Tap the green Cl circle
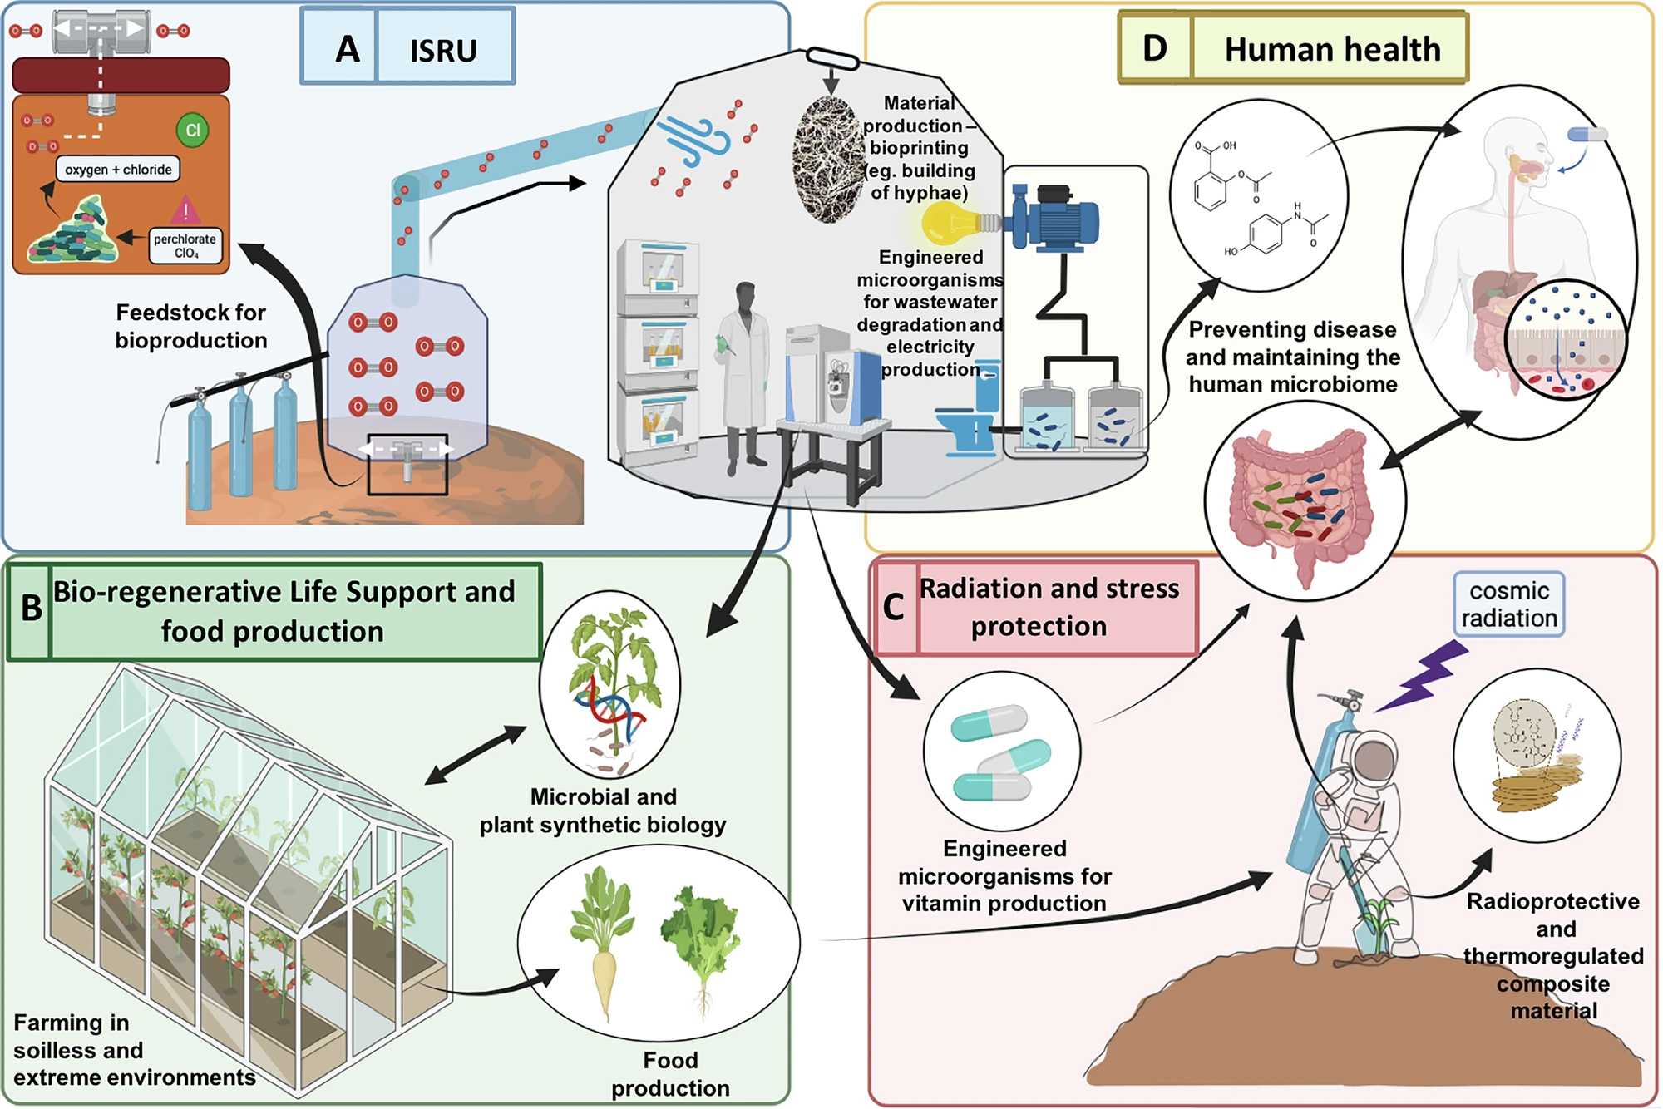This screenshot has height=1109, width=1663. (x=192, y=131)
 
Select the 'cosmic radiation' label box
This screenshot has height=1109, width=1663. (x=1508, y=604)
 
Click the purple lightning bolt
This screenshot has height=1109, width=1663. (x=1423, y=675)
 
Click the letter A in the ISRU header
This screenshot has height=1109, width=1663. (x=348, y=49)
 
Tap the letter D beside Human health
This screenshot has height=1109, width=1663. (x=1155, y=48)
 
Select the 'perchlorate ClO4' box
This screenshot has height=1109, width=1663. (x=185, y=246)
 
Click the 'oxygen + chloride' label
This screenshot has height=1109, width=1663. (x=118, y=170)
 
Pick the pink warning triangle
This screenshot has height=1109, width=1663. (x=185, y=210)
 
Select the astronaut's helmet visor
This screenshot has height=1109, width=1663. (x=1374, y=761)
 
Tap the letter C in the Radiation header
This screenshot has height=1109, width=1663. (x=894, y=607)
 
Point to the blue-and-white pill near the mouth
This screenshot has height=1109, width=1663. (x=1587, y=134)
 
